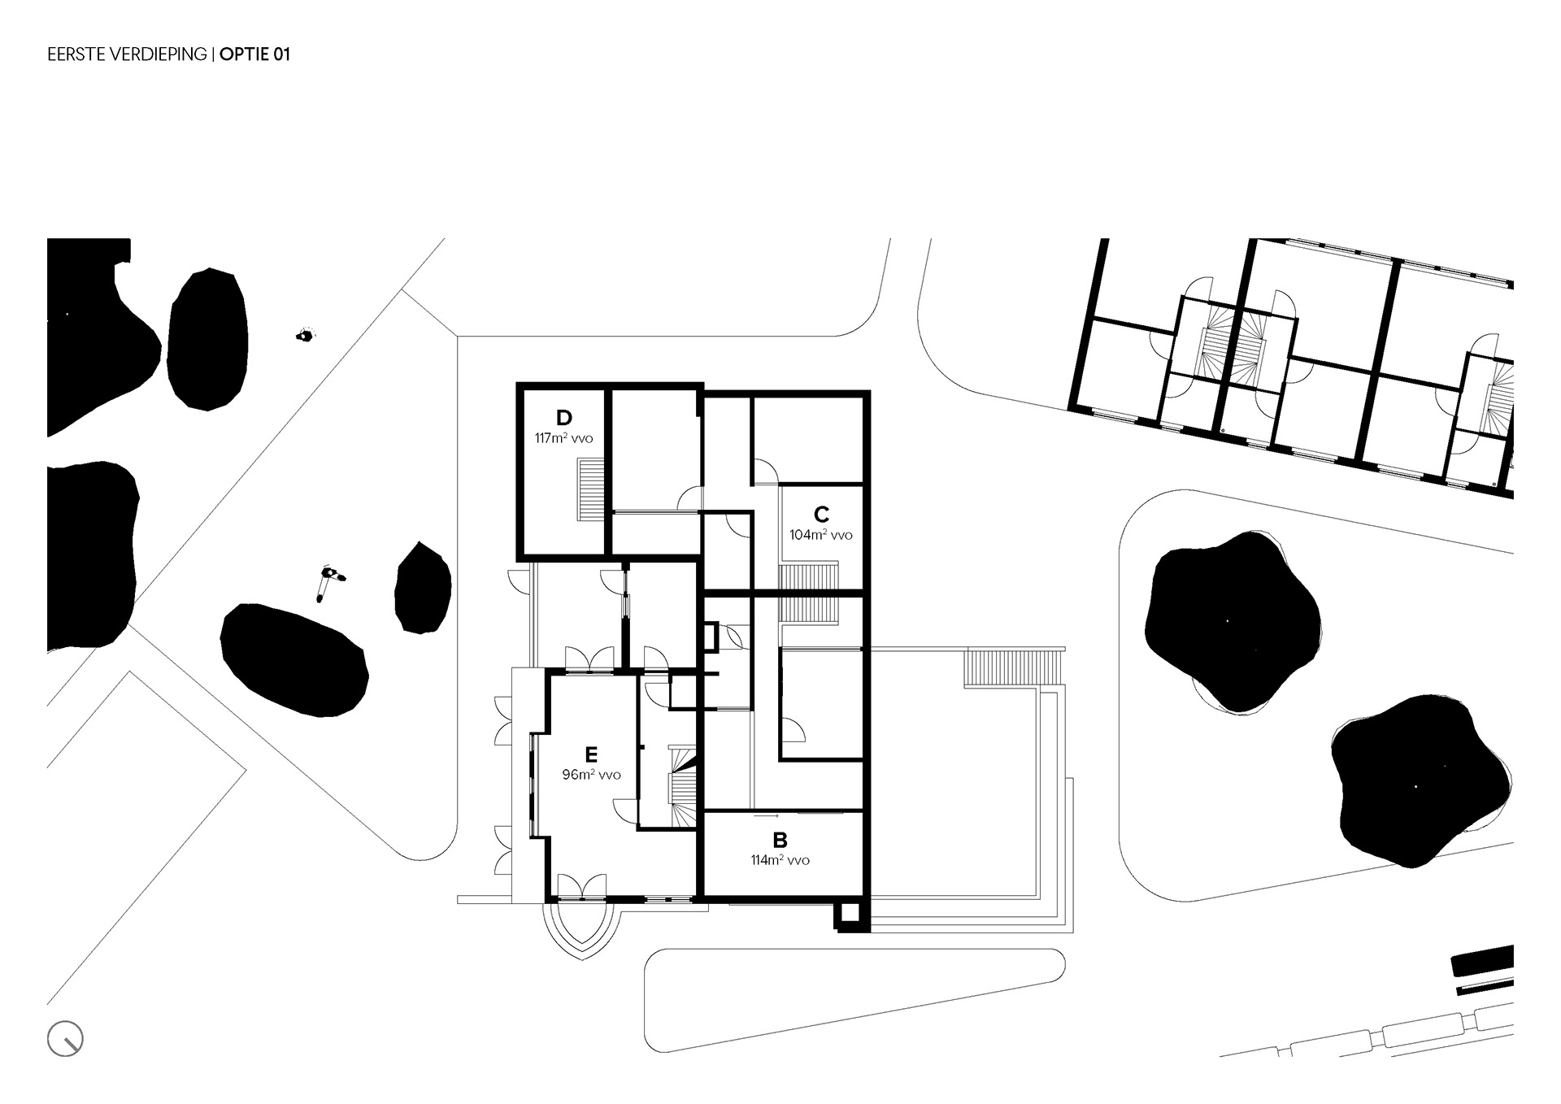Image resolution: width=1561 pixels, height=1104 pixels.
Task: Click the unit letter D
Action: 563,418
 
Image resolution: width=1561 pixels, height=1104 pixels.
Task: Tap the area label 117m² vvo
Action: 563,438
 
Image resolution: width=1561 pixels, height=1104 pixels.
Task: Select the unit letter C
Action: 821,515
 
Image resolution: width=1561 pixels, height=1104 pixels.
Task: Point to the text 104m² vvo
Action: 821,535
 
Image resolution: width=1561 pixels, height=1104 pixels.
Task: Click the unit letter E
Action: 591,754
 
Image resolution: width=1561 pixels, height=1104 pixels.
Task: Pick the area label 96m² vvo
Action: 591,775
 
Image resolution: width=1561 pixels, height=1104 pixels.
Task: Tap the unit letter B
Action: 780,840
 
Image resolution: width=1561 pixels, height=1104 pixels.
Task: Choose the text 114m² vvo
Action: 780,860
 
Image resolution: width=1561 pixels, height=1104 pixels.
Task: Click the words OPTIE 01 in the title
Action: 254,54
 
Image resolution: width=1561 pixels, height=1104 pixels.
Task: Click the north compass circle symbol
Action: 65,1039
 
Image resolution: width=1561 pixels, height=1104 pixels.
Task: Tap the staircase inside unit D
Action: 591,489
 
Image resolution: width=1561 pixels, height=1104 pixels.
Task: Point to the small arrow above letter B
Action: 767,815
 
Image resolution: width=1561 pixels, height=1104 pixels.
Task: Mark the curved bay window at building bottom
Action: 584,929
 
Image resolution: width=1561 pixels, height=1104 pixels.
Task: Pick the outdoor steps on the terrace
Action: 1013,668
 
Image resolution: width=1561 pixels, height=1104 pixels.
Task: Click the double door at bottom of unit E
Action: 583,886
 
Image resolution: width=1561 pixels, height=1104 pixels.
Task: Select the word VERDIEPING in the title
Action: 160,54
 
